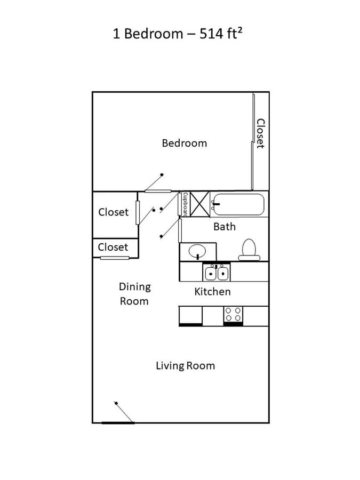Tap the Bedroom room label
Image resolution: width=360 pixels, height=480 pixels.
[x=184, y=143]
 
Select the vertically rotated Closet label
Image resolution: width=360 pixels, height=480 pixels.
[x=260, y=133]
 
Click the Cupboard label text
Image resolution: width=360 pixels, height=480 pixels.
[x=185, y=204]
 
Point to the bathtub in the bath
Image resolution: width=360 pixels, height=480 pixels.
[x=238, y=204]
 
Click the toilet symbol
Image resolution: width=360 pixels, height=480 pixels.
[x=249, y=250]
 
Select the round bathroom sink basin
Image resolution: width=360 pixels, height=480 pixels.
[x=198, y=250]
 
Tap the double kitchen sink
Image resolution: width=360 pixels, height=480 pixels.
[x=217, y=273]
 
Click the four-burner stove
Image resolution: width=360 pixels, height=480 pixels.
[x=233, y=314]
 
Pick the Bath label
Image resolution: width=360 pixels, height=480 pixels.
[x=225, y=227]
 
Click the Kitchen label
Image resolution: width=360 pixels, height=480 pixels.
[x=212, y=292]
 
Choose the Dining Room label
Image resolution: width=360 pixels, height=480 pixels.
[x=134, y=294]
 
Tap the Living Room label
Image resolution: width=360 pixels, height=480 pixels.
[x=185, y=366]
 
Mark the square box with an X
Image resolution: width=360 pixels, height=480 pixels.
[x=200, y=204]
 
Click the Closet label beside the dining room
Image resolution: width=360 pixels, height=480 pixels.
[x=113, y=247]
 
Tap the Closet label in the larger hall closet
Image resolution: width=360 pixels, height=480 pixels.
[x=113, y=212]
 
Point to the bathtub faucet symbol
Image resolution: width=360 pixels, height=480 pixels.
[x=214, y=203]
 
